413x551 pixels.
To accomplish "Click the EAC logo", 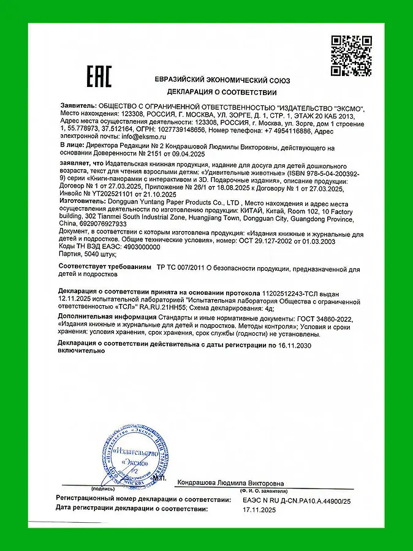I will pos(98,77).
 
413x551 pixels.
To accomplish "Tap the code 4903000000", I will pos(131,247).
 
